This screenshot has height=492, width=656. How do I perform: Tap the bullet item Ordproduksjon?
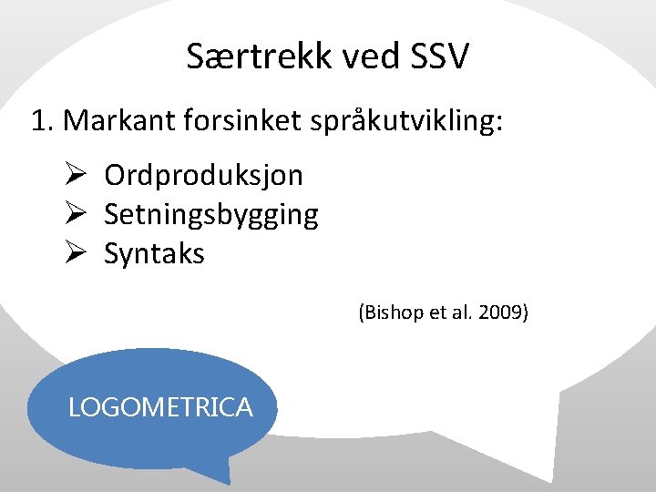coord(203,175)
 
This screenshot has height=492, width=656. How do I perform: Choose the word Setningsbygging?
coord(210,215)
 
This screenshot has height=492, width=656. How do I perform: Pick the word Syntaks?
coord(154,254)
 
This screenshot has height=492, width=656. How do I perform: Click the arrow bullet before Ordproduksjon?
coord(76,174)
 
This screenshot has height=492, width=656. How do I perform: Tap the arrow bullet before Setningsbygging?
coord(76,214)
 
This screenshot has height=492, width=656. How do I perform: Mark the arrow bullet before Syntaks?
coord(76,253)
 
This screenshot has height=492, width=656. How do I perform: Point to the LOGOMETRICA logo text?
coord(160,407)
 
